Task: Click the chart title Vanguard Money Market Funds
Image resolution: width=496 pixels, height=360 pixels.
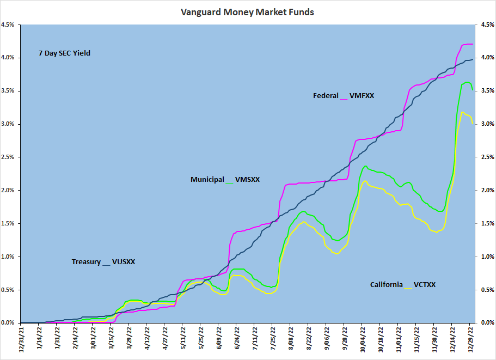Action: [248, 11]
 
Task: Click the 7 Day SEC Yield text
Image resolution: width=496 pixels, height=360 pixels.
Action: [64, 53]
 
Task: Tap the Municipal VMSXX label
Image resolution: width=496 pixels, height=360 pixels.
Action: [225, 179]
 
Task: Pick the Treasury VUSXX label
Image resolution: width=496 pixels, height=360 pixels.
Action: [103, 262]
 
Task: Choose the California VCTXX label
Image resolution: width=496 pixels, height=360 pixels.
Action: [403, 284]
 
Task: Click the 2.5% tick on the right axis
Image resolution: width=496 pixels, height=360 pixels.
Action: [487, 157]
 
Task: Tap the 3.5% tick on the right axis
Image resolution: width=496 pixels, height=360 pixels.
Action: [487, 91]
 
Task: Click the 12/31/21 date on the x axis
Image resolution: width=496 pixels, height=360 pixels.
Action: [21, 340]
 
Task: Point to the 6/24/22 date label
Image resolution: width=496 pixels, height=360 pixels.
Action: [236, 340]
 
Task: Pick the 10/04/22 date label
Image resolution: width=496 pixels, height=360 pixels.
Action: [363, 340]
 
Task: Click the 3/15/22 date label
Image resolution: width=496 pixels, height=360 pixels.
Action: [111, 340]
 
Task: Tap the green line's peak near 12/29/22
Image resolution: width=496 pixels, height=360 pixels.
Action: [467, 82]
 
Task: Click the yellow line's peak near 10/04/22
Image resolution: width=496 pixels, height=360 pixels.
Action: [365, 181]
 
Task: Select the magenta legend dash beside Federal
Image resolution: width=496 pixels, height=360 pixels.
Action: [343, 98]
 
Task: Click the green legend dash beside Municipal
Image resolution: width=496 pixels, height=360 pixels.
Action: [229, 182]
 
